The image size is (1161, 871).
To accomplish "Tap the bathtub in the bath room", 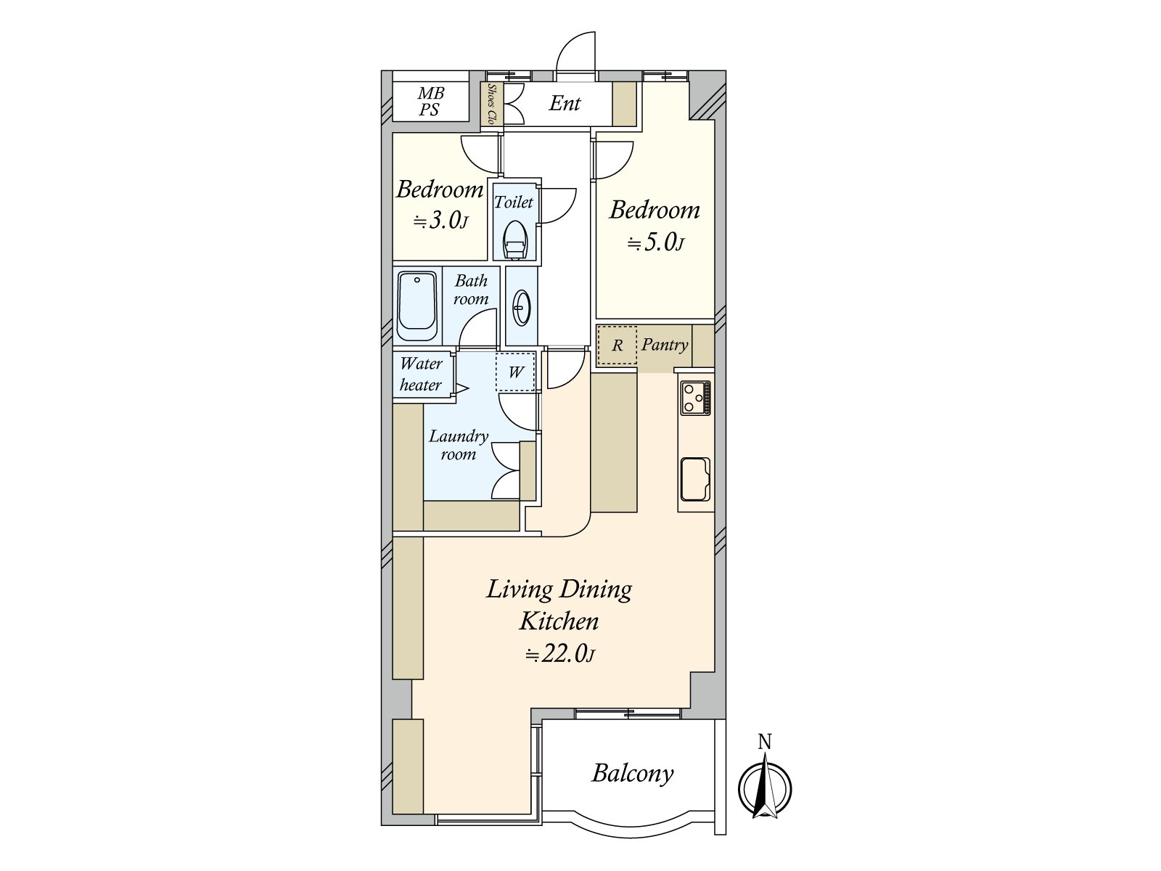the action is click(x=417, y=306).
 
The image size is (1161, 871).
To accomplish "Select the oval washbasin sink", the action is click(x=521, y=307).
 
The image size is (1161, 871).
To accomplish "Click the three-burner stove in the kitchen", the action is click(x=695, y=398).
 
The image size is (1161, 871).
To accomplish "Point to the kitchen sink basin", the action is click(x=695, y=479).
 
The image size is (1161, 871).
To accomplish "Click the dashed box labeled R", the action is click(x=617, y=345).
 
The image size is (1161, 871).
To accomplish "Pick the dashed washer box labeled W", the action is click(x=515, y=372).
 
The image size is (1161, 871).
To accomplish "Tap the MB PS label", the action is click(x=430, y=101).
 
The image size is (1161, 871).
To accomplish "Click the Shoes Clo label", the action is click(x=492, y=104).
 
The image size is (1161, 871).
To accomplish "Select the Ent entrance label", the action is click(x=565, y=103).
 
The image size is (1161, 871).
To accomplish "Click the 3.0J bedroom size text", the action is click(x=440, y=221).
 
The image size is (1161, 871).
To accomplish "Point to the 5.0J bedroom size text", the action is click(x=656, y=242).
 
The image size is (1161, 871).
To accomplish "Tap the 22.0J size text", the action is click(x=560, y=654).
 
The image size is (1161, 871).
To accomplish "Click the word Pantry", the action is click(x=665, y=345).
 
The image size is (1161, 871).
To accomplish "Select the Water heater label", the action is click(x=421, y=374).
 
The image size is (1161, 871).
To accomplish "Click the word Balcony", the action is click(x=633, y=774).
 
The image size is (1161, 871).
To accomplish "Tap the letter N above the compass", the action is click(x=764, y=742).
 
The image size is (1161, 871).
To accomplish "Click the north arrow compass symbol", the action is click(x=765, y=788).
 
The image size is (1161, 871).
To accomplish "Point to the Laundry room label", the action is click(x=459, y=445).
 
